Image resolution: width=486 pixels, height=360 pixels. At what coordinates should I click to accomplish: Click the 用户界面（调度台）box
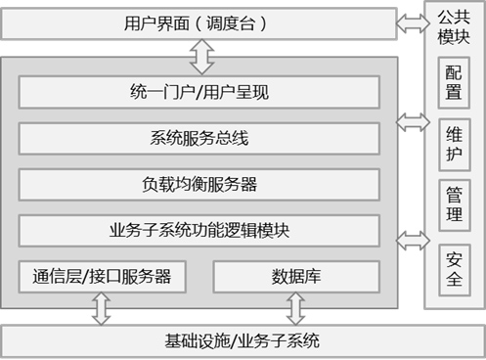199,23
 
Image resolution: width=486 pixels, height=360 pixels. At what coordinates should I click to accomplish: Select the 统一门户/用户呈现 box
199,92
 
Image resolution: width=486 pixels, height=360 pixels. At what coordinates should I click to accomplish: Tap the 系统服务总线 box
199,138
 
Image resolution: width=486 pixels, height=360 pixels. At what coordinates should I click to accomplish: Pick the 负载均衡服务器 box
199,185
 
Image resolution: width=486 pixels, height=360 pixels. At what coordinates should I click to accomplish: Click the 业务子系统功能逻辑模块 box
199,231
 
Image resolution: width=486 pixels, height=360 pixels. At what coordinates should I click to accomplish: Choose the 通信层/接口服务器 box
102,277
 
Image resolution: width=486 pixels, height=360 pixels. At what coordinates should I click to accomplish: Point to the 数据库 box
296,277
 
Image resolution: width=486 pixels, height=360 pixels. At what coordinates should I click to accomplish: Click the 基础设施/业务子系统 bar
243,341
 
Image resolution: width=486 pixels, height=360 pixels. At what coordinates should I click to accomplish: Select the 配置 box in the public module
454,83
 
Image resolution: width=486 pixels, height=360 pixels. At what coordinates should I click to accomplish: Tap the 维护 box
454,145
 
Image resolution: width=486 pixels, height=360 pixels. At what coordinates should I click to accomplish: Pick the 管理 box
454,205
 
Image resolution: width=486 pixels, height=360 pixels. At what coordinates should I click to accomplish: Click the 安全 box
454,270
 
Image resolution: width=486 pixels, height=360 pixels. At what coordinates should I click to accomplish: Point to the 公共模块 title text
454,27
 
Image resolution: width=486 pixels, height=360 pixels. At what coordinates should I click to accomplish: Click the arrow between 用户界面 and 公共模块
413,23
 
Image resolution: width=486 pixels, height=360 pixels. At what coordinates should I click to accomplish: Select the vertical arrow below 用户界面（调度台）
201,57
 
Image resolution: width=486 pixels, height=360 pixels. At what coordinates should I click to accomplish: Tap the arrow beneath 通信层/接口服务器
102,308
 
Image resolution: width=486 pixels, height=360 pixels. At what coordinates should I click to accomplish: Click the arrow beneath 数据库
295,308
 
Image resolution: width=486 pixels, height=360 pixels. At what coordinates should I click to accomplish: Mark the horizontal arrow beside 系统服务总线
413,122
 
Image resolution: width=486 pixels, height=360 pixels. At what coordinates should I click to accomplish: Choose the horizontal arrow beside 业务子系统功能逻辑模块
413,241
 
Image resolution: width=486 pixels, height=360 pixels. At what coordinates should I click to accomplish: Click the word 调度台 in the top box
231,23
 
